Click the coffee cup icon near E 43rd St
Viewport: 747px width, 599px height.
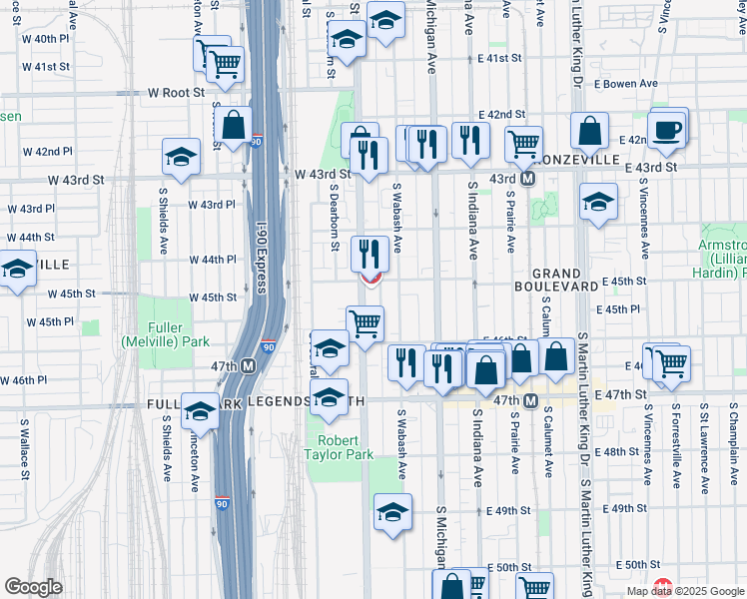(x=668, y=129)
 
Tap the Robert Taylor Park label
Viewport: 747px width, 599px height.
(x=345, y=447)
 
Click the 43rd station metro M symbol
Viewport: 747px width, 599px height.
(x=528, y=179)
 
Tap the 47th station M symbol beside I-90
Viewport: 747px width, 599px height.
(x=246, y=366)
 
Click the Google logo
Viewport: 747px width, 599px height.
(x=33, y=587)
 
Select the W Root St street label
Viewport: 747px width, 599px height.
(x=176, y=92)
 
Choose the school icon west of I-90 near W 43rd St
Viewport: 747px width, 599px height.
(x=181, y=158)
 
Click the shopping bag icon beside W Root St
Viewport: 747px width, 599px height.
(x=233, y=127)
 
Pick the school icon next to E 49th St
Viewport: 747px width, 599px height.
(x=392, y=514)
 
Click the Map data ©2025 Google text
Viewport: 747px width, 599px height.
(x=685, y=591)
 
